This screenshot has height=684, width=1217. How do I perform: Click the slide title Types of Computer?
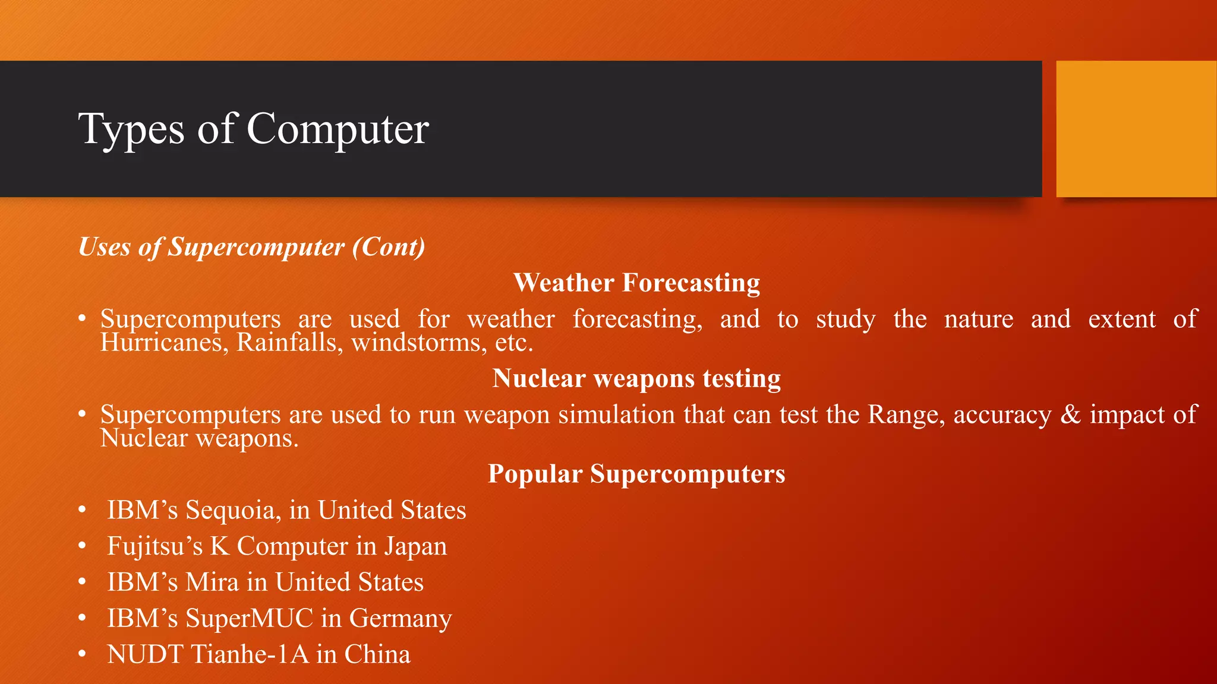point(253,129)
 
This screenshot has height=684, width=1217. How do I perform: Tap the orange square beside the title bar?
point(1136,129)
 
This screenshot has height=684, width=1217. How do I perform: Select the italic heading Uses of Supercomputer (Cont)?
point(252,247)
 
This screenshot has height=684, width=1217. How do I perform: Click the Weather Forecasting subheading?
point(636,283)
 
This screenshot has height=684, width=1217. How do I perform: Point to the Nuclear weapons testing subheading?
point(636,378)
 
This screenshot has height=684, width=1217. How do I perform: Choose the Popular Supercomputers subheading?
point(636,474)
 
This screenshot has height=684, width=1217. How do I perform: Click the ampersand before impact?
point(1070,414)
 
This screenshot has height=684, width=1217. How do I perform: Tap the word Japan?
point(415,546)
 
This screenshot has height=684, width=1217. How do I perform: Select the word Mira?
point(212,582)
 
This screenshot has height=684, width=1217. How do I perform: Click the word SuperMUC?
point(249,618)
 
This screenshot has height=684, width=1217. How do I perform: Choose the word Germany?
point(400,619)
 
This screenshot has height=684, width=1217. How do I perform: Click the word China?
point(377,654)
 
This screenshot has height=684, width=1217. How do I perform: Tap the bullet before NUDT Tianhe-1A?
point(83,654)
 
